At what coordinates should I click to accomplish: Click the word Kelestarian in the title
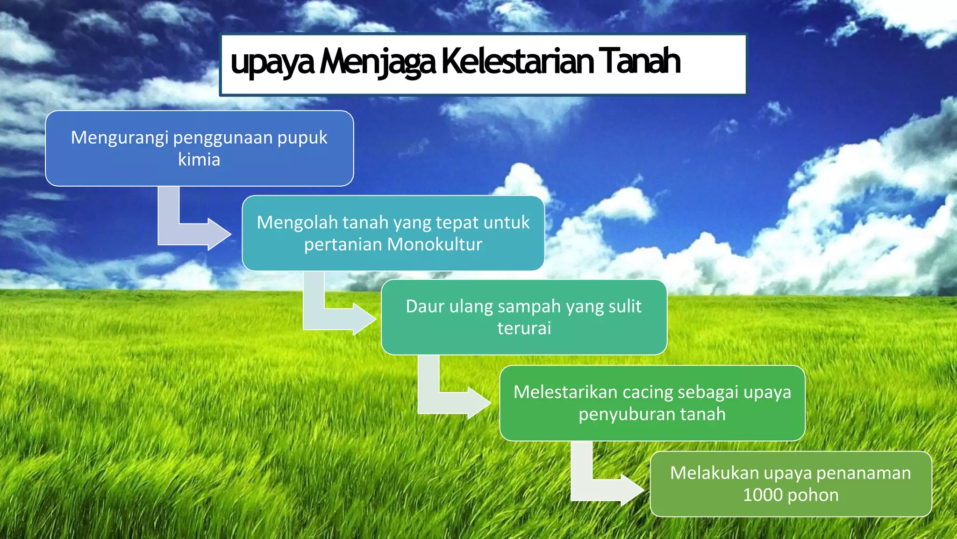(517, 61)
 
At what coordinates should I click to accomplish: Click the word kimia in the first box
(199, 160)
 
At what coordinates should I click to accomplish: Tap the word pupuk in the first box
(302, 138)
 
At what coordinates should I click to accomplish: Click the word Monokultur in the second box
(435, 244)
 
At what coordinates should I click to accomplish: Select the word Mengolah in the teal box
(297, 223)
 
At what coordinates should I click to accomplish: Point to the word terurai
(524, 328)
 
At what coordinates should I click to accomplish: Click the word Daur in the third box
(425, 306)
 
